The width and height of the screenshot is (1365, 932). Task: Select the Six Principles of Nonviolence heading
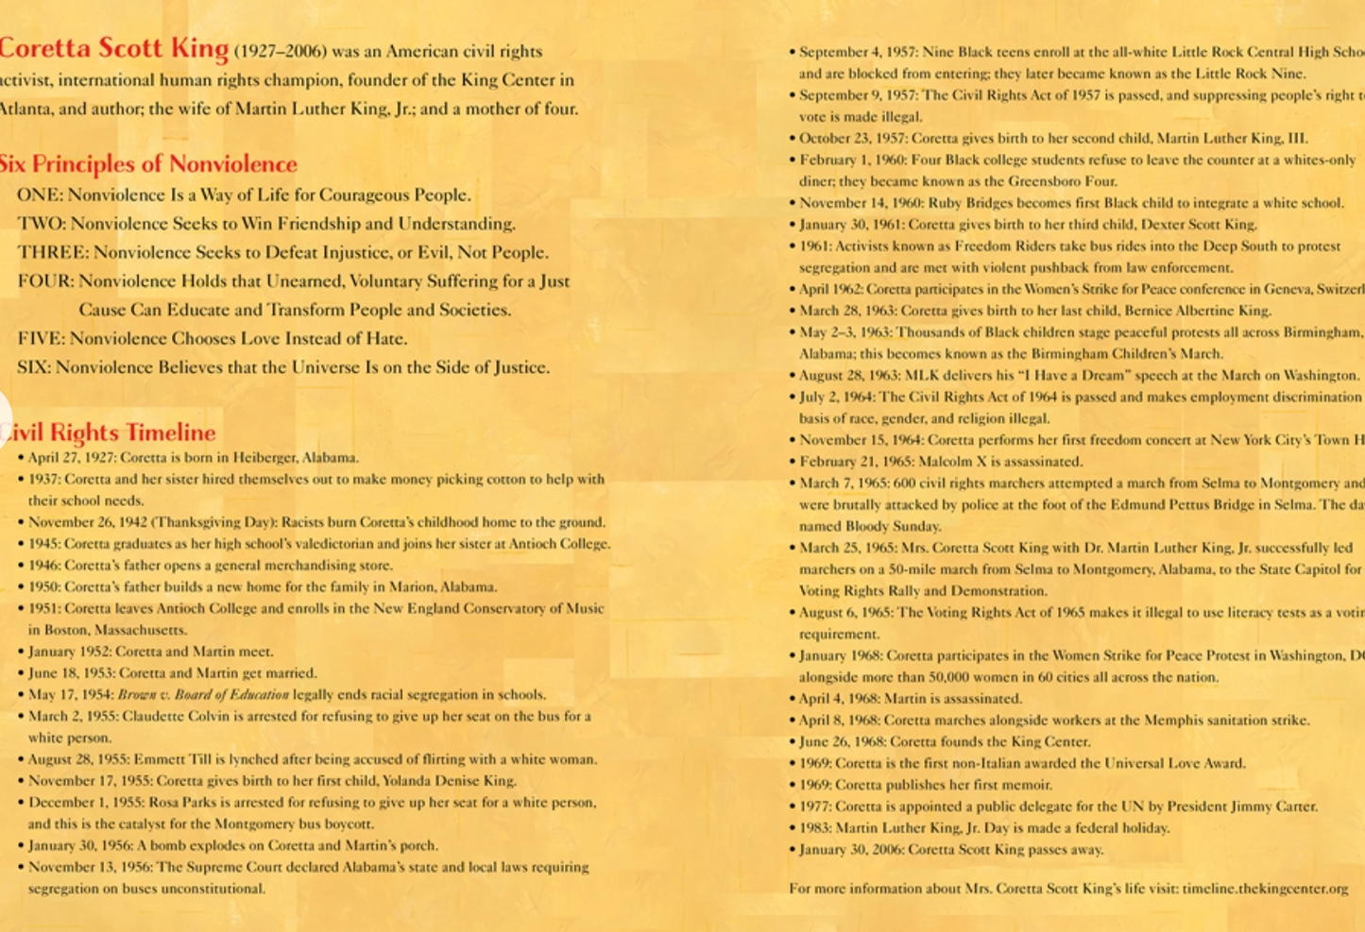[148, 163]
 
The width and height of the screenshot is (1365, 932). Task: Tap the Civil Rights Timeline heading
[110, 432]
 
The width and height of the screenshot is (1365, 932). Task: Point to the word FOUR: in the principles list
[44, 281]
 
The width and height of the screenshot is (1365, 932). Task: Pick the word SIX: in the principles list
[33, 367]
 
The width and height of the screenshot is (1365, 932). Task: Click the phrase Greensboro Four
[1064, 181]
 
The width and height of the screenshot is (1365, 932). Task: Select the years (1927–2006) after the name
[280, 52]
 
